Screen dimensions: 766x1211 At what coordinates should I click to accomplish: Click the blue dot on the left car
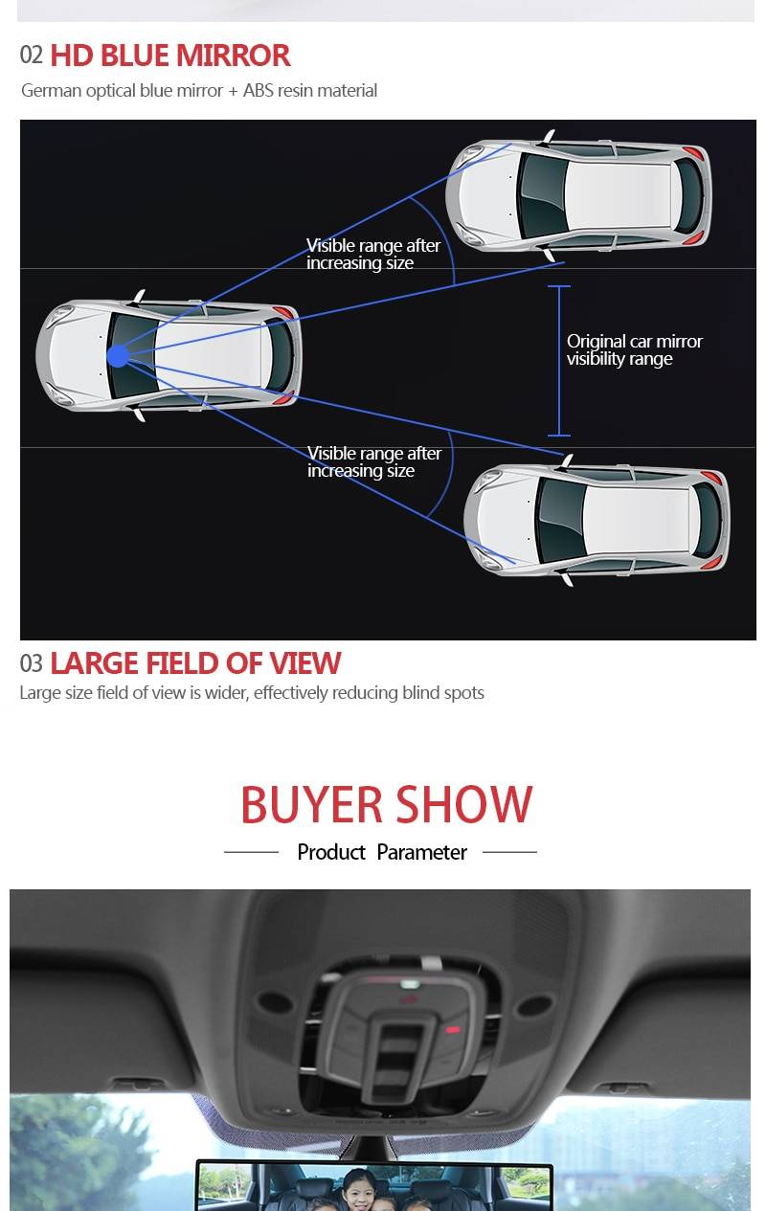pos(118,356)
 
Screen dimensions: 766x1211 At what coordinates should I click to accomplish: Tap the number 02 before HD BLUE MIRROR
pos(31,56)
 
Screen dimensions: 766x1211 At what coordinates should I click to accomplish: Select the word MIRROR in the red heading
pos(233,56)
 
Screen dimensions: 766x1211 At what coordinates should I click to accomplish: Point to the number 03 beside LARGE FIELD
pos(31,663)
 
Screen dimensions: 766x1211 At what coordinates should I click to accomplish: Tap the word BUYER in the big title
pos(311,804)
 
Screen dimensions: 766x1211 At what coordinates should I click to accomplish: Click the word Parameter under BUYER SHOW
pos(421,853)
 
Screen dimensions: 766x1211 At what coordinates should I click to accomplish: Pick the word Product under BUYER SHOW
pos(331,853)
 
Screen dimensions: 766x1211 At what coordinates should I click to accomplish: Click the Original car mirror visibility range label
pos(634,349)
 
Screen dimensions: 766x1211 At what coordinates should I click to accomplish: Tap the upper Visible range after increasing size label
pos(373,254)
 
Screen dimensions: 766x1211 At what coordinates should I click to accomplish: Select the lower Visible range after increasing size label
pos(374,461)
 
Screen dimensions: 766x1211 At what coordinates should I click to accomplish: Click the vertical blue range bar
pos(559,361)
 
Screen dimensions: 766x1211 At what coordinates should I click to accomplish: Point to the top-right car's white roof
pos(618,195)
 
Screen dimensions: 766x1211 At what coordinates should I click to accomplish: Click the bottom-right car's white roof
pos(637,520)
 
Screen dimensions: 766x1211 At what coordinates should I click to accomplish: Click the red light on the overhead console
pos(453,1029)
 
